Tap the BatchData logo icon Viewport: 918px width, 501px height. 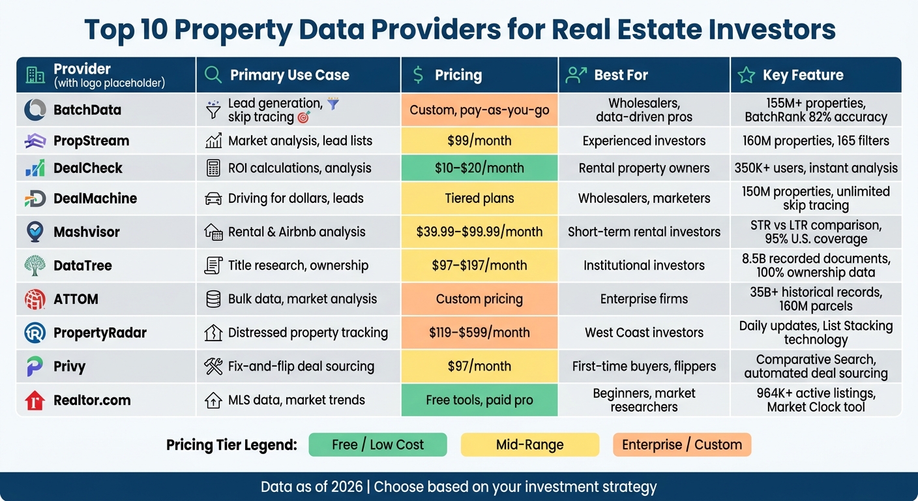point(35,110)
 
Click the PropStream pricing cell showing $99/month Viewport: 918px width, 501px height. point(479,140)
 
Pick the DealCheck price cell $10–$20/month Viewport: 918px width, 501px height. point(479,168)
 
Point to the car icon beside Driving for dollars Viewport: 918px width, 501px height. point(213,198)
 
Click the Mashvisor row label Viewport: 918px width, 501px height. point(86,232)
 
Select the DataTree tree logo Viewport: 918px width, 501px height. point(35,266)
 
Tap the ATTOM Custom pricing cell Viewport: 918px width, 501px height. point(479,299)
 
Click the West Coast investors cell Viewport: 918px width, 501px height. point(644,333)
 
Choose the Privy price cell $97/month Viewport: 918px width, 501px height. point(479,366)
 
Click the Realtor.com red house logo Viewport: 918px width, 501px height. point(35,400)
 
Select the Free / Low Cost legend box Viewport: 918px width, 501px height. point(378,445)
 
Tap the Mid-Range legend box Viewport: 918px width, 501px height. point(529,445)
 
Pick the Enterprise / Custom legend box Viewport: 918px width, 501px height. point(681,445)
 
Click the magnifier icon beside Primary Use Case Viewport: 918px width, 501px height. point(213,75)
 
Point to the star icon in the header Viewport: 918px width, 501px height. point(746,75)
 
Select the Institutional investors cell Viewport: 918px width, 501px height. point(644,266)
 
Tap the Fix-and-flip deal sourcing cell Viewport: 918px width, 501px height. point(301,366)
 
